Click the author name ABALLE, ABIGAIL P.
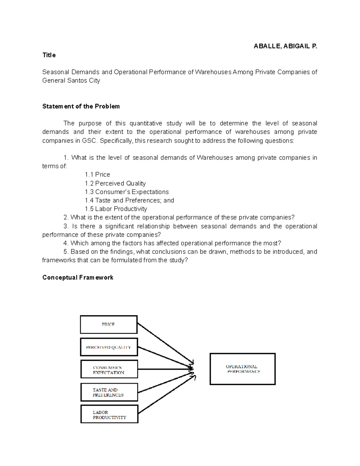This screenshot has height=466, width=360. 285,46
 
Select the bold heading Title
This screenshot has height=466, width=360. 49,55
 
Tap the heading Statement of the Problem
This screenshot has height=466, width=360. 81,106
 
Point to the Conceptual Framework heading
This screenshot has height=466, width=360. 78,277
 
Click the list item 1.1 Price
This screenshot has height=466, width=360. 97,175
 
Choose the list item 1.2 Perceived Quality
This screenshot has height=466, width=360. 115,183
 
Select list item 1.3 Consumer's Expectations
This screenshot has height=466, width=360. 127,192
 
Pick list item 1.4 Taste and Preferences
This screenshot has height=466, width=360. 129,200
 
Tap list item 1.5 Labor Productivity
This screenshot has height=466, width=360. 116,209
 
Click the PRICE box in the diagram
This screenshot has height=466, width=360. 109,324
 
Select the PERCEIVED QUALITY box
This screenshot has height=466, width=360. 109,347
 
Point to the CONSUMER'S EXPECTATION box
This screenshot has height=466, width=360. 109,369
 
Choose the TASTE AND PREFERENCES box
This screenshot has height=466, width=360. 109,392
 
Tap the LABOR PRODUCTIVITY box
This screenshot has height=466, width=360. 109,414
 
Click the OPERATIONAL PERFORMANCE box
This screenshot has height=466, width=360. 242,369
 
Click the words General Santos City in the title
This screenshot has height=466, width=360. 71,80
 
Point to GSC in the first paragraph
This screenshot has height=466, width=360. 90,141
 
